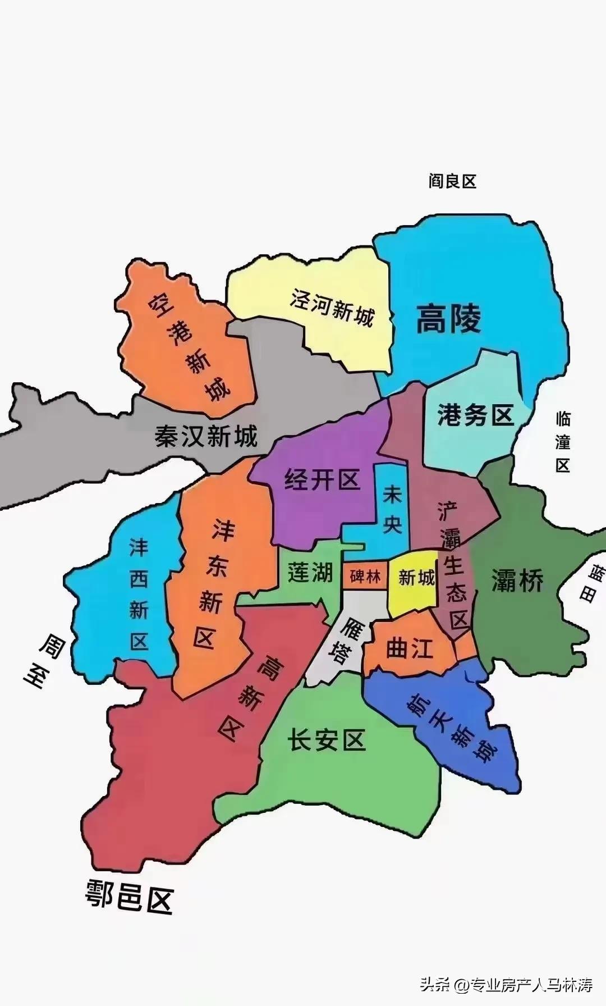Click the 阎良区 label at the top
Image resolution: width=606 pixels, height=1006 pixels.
[452, 181]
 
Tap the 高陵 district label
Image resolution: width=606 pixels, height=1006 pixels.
[448, 319]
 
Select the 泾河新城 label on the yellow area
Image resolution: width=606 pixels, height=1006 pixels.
[332, 308]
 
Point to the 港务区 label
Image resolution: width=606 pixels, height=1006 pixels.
[475, 415]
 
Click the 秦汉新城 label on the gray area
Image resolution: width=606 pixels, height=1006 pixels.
[206, 436]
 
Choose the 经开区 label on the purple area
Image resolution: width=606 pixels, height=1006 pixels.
[322, 480]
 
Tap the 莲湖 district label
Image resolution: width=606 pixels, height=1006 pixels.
[310, 573]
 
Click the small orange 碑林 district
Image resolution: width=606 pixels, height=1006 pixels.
[365, 577]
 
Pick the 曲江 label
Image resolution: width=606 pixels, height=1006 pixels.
[410, 648]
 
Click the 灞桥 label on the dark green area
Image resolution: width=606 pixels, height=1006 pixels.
[517, 580]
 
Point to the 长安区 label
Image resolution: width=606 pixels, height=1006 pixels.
[327, 740]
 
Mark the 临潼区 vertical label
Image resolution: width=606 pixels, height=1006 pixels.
[563, 442]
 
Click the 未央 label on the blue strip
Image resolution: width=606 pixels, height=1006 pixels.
[392, 510]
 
